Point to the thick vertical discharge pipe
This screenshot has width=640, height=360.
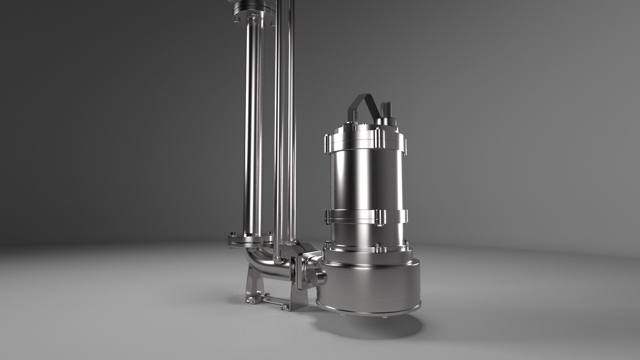(252, 133)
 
